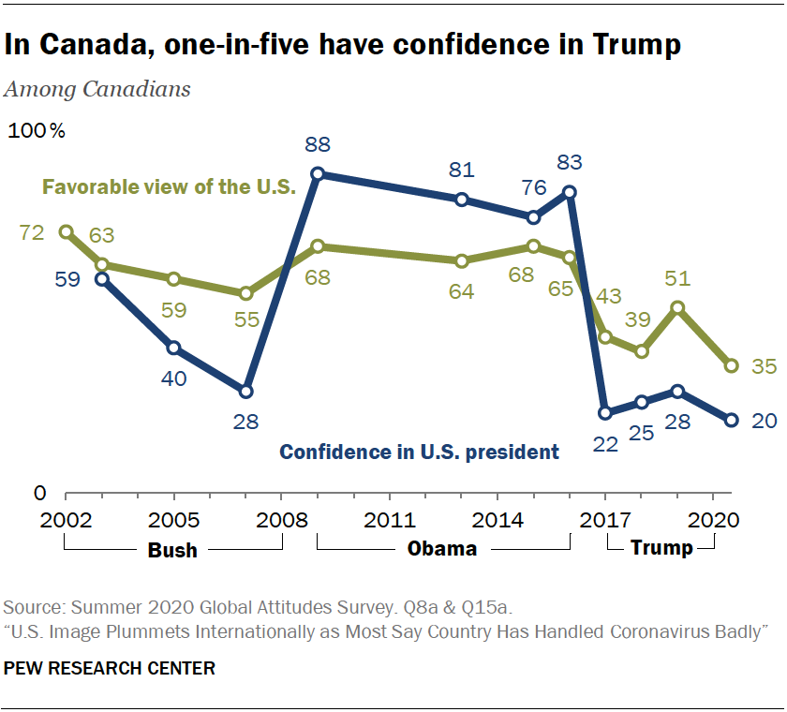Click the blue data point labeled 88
click(318, 174)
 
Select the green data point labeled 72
click(66, 231)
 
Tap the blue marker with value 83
click(569, 192)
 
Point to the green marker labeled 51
click(676, 307)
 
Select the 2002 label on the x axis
click(66, 518)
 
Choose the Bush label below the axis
click(172, 549)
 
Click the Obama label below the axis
click(442, 549)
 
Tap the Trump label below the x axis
click(661, 549)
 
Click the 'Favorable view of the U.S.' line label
click(169, 186)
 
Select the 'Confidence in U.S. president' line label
click(419, 452)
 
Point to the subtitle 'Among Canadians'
click(98, 90)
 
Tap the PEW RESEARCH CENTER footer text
click(110, 668)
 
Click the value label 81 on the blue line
click(461, 171)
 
